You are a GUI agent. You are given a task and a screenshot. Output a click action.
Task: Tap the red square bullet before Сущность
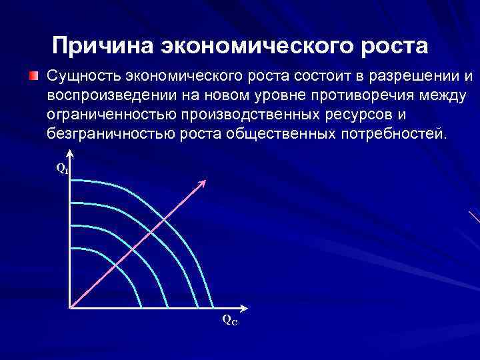[x=33, y=74]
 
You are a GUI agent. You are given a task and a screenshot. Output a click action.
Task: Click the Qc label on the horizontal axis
[x=229, y=321]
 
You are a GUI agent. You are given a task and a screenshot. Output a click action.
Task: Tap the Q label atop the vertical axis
[x=61, y=169]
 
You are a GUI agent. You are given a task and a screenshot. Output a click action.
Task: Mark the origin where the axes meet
[x=69, y=307]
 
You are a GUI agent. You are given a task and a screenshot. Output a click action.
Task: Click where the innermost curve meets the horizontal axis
[x=141, y=307]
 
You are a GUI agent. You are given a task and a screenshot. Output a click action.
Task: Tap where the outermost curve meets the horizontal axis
[x=214, y=307]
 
